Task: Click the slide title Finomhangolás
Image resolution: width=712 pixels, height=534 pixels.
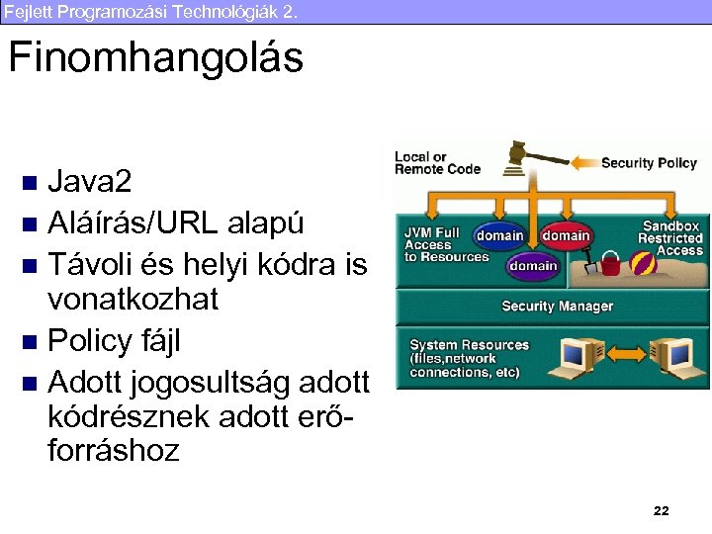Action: tap(155, 59)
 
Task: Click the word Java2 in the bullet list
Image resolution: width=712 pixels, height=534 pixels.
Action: tap(89, 182)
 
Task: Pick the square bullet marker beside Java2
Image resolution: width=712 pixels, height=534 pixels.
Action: tap(30, 183)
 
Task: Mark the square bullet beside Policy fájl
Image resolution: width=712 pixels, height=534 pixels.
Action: tap(30, 342)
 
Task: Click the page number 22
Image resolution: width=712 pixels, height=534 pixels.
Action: tap(662, 510)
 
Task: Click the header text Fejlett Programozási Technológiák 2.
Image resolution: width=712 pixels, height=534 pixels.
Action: tap(149, 12)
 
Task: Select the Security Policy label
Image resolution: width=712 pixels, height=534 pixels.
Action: tap(649, 163)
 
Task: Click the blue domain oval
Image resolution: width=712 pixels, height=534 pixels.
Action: tap(499, 236)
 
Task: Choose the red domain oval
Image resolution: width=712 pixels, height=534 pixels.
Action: tap(566, 236)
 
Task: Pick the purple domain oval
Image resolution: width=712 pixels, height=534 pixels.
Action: tap(533, 265)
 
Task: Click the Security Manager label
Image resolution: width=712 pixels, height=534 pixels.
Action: tap(557, 307)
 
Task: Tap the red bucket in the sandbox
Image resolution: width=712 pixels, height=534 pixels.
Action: tap(610, 264)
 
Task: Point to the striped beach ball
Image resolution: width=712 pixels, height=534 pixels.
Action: tap(644, 265)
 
